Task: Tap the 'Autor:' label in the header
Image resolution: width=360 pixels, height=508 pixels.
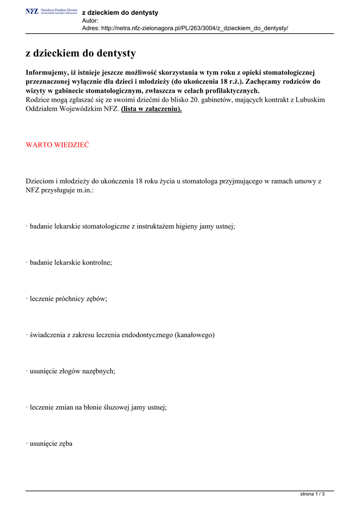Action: coord(90,20)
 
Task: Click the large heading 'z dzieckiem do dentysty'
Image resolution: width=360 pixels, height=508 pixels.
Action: coord(80,53)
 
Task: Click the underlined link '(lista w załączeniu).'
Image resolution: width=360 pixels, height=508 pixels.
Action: coord(151,109)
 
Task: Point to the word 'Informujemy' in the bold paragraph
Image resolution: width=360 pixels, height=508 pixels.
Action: coord(46,72)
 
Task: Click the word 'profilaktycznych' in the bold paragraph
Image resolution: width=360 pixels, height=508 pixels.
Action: coord(230,91)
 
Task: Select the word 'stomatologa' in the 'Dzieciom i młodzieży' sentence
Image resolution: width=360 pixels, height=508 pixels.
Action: coord(202,181)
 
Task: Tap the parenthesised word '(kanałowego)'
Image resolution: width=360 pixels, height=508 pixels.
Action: coord(195,335)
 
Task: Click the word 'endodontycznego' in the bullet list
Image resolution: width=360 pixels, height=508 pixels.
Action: coord(146,335)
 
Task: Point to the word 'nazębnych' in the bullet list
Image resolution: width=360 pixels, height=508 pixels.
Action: coord(99,371)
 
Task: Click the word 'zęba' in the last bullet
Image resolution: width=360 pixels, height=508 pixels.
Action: coord(65,444)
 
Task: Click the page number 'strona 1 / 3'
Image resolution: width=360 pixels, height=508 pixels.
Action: coord(313,494)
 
